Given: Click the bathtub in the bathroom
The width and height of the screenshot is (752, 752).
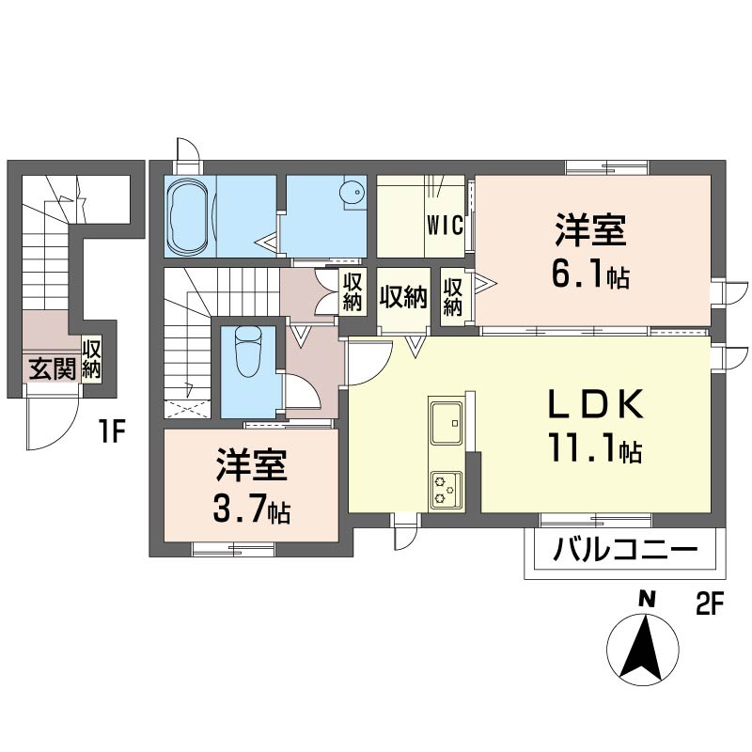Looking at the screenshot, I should click(189, 215).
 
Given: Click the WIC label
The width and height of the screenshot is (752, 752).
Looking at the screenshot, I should click(444, 226).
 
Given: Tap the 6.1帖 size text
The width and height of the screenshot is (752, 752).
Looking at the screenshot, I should click(591, 276).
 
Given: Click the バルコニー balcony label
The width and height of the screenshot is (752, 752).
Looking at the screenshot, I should click(625, 550).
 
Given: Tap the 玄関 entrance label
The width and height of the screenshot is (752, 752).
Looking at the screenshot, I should click(52, 368).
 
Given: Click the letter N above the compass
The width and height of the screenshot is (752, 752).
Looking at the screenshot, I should click(647, 598).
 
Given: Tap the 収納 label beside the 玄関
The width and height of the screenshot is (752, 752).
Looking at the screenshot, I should click(92, 360).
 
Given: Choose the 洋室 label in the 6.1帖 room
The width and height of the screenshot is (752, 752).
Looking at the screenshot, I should click(590, 229).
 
